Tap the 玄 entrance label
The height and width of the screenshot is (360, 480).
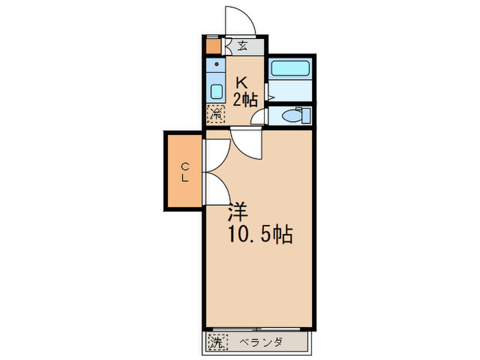243,47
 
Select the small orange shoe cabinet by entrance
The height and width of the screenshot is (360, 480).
213,47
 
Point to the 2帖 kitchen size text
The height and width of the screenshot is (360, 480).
245,99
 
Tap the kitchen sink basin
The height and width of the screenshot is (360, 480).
216,91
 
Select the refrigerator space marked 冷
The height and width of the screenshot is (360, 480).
216,113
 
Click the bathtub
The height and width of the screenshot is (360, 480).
291,68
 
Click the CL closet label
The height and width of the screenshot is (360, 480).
185,171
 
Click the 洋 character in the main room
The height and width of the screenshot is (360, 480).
237,211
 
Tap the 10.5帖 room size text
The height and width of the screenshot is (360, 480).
260,235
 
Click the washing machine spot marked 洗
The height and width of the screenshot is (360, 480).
217,341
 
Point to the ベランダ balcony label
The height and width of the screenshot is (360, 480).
261,341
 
